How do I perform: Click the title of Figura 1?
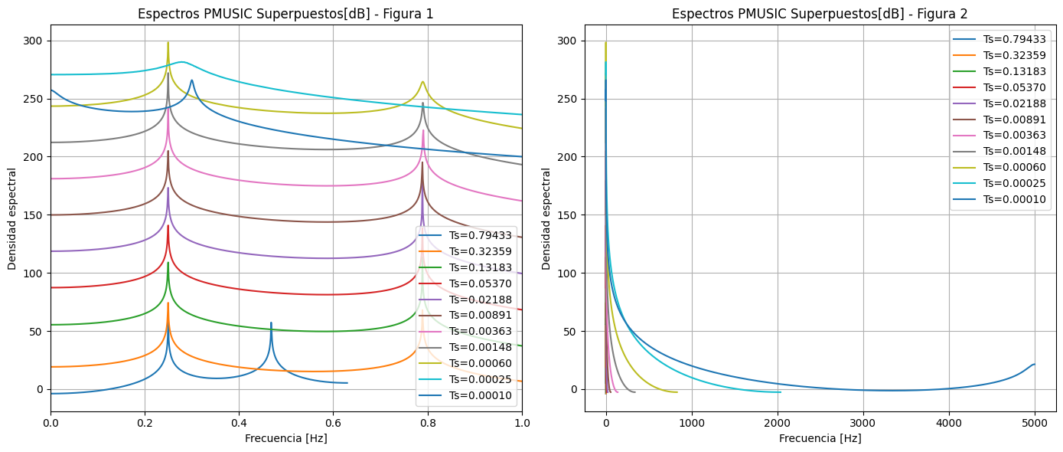[x=285, y=14]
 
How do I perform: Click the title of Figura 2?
[x=820, y=14]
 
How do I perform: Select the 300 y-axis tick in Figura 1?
[x=34, y=41]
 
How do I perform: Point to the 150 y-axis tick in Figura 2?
[x=568, y=215]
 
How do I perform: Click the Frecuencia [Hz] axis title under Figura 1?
[x=285, y=439]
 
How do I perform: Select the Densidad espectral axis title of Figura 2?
[x=546, y=218]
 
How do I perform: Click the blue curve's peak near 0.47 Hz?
[x=271, y=323]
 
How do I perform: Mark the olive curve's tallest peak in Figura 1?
[x=168, y=43]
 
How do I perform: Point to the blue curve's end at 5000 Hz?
[x=1035, y=365]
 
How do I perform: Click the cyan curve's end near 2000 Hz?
[x=781, y=392]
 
